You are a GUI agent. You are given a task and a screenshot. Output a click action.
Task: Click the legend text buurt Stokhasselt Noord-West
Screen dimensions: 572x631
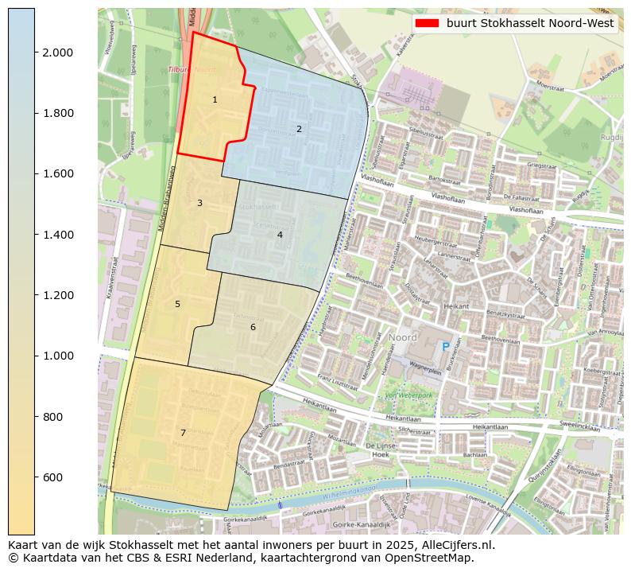[530, 23]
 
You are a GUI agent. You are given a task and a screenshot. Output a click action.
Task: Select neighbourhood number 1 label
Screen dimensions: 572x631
[215, 99]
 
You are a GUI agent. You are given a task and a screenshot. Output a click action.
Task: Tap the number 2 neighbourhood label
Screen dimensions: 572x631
[299, 129]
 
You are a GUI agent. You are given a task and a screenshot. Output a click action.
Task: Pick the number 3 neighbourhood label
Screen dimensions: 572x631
[199, 203]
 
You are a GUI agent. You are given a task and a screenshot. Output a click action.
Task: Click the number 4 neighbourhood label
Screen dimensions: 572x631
[280, 235]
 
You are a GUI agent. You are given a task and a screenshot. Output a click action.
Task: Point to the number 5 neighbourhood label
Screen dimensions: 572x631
[177, 304]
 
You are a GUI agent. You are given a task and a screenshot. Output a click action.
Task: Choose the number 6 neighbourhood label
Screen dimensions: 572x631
[253, 327]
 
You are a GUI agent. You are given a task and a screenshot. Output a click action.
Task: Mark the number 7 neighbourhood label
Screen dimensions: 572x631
[183, 433]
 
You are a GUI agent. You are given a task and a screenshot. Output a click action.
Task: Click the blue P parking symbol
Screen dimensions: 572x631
[446, 346]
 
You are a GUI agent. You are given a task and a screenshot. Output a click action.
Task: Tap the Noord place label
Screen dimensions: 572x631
[403, 337]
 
